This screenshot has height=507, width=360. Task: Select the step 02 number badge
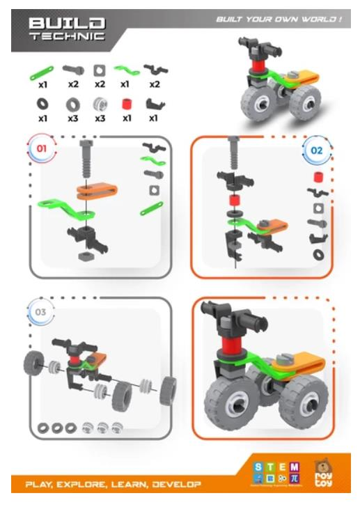(317, 150)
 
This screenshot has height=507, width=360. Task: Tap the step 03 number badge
(40, 312)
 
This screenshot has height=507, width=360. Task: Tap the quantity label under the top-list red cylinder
(126, 118)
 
